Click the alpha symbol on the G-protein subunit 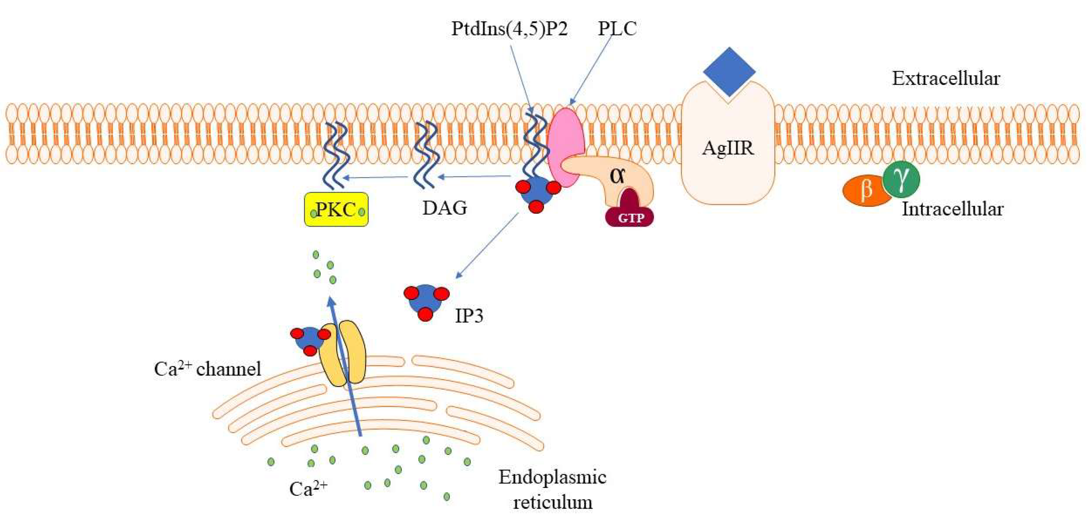(x=618, y=175)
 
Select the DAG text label (x=445, y=208)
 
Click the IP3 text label (x=469, y=315)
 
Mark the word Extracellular (x=946, y=79)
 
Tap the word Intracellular (x=953, y=209)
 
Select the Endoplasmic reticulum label (x=552, y=489)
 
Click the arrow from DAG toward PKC (x=376, y=177)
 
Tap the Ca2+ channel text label (x=207, y=369)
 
